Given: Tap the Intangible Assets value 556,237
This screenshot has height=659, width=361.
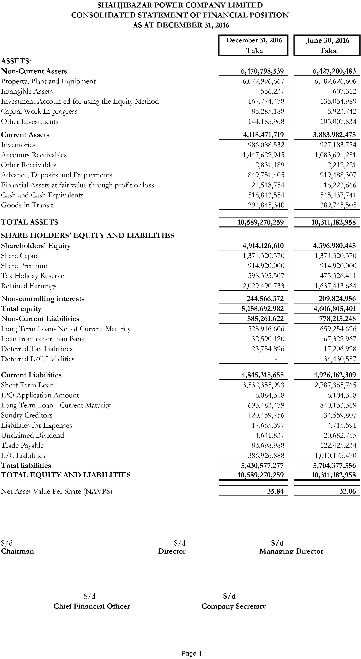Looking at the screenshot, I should point(272,91).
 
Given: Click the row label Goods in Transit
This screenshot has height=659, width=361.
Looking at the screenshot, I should point(27,205).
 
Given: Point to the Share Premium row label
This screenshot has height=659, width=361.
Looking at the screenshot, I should point(24,266).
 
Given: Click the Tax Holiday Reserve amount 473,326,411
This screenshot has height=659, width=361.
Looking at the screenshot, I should point(338,276).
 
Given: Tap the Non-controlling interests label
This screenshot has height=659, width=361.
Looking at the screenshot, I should point(43,299).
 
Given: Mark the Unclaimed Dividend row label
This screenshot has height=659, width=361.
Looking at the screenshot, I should point(33,435).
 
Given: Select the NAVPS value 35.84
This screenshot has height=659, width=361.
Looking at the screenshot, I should point(275,491).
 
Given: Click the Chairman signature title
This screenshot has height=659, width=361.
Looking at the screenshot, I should point(17,551).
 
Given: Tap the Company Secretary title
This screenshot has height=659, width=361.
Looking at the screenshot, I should point(234,606).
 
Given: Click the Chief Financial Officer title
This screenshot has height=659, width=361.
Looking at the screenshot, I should point(92,606).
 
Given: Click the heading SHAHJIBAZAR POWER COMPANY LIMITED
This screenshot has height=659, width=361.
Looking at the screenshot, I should point(180,5).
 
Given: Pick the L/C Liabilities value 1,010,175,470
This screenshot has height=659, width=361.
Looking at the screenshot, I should point(335,456).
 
